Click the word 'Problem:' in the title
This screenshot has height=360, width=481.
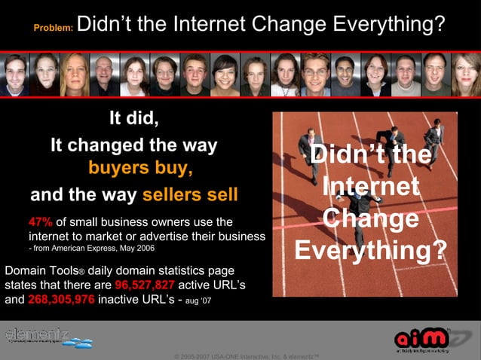[x=53, y=28]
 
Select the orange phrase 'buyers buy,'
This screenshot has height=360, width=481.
[x=135, y=167]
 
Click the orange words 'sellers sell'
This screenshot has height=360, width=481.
[x=190, y=196]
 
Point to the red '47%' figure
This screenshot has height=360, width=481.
[x=40, y=222]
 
